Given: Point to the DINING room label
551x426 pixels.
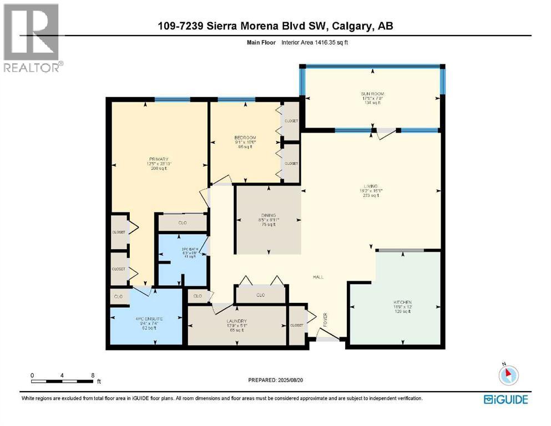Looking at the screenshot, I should tap(269, 215).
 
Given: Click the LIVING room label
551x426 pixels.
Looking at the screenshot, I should tap(371, 186).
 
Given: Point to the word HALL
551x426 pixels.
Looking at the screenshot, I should tap(318, 277).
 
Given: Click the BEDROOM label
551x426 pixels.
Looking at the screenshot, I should tap(245, 138).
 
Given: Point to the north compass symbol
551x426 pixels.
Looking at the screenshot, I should tap(509, 376).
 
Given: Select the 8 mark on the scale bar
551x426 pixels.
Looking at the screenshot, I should tap(92, 375).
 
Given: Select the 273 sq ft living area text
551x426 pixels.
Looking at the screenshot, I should tap(371, 195).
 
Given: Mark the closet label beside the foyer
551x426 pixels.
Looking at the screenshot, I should tap(297, 325).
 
